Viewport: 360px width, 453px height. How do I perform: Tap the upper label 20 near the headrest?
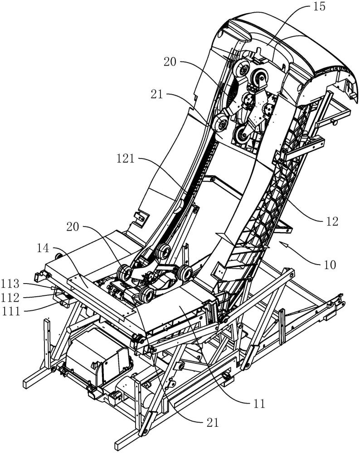(170, 62)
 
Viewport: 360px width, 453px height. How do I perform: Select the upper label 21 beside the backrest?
(157, 95)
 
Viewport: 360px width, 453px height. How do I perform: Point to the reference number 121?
(126, 159)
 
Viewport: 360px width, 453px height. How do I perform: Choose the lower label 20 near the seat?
(73, 227)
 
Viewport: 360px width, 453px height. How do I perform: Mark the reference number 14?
(43, 248)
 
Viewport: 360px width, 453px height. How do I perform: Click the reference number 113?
(10, 284)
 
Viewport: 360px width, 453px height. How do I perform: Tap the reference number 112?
(10, 298)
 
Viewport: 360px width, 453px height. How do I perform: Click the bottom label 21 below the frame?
(213, 423)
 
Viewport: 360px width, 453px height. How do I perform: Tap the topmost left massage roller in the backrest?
(242, 69)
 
